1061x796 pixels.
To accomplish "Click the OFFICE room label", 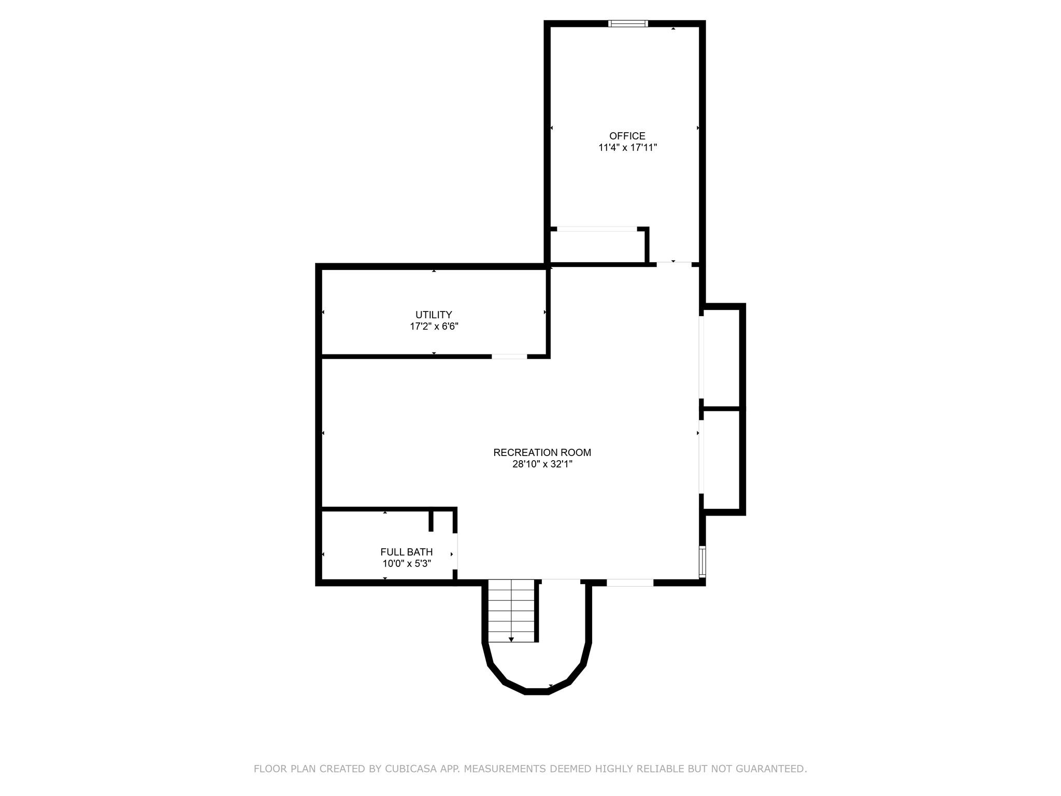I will tap(627, 136).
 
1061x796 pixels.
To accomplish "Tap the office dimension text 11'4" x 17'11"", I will tap(627, 148).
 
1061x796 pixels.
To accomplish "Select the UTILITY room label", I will tap(434, 315).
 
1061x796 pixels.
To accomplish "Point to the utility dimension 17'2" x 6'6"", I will tap(434, 326).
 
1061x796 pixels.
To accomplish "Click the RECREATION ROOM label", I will tap(542, 452).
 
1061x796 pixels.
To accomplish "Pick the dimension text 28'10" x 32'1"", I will tap(542, 464).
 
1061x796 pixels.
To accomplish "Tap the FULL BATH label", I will tap(406, 552).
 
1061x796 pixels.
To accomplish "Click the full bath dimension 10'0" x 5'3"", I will tap(406, 564).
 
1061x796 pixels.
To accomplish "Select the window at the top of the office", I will tap(628, 23).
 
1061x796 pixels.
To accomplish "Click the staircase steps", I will tap(511, 609).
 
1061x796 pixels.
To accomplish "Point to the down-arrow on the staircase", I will tap(511, 639).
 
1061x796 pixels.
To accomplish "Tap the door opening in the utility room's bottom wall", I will tap(509, 357).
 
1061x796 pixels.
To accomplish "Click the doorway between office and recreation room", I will tap(674, 264).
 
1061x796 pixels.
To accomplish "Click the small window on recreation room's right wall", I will tap(702, 561).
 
